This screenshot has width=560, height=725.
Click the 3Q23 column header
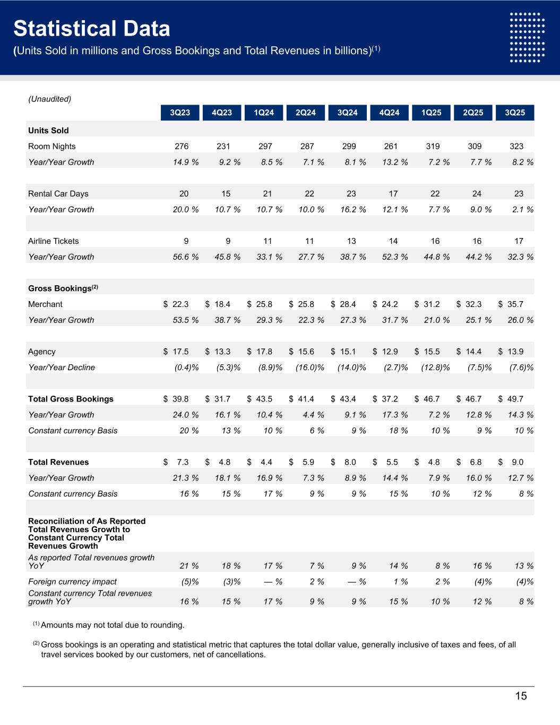(x=180, y=113)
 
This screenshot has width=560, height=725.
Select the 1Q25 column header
(x=431, y=113)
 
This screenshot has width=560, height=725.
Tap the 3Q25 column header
(x=515, y=113)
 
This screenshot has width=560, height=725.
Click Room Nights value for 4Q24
(x=391, y=147)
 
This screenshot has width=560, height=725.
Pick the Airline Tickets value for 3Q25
(x=519, y=241)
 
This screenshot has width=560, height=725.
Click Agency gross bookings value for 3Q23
(x=176, y=352)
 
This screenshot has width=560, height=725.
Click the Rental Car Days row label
(x=58, y=194)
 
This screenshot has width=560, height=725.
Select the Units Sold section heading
(x=48, y=131)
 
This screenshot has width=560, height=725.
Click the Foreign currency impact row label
(x=72, y=582)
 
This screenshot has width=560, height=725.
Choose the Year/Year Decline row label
(x=62, y=368)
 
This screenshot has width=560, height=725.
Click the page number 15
(x=521, y=696)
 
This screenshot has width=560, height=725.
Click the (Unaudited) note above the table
(x=49, y=99)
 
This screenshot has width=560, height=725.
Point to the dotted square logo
(x=527, y=37)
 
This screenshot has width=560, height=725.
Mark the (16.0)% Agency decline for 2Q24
(x=309, y=368)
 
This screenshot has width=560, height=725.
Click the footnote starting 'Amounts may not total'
(x=113, y=625)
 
